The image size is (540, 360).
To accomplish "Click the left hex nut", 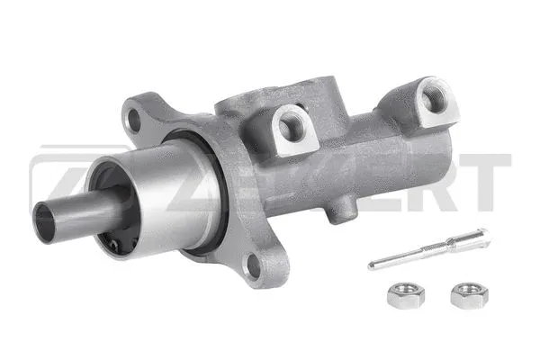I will (x=399, y=296).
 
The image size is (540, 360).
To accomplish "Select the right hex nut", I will (x=463, y=293).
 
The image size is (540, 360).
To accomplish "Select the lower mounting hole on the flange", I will (x=254, y=264).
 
